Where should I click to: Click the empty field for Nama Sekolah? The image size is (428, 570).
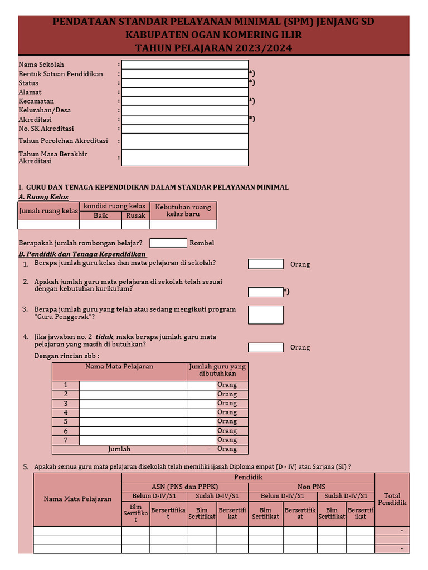[x=184, y=65]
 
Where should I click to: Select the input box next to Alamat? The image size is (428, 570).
[x=184, y=92]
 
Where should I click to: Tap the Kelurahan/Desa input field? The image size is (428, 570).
[x=184, y=110]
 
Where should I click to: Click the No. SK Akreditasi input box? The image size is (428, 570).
[x=184, y=129]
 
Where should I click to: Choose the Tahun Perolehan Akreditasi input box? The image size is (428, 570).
[x=184, y=141]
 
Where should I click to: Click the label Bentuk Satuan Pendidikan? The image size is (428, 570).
[x=61, y=74]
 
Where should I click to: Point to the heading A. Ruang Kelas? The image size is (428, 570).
[x=43, y=197]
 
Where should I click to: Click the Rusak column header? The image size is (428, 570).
[x=135, y=215]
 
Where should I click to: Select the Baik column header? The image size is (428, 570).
[x=100, y=215]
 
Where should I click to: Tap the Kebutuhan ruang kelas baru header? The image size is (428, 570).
[x=183, y=210]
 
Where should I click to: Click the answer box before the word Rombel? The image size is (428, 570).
[x=168, y=243]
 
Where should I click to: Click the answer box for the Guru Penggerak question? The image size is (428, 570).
[x=265, y=315]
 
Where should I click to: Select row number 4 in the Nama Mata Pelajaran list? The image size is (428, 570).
[x=66, y=412]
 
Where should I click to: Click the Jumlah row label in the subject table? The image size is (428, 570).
[x=119, y=449]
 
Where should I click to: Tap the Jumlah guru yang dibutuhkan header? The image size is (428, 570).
[x=217, y=370]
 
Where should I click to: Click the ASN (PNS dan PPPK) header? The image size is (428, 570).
[x=185, y=487]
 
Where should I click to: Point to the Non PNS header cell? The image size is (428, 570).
[x=312, y=487]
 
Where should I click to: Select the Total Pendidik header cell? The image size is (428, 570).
[x=392, y=499]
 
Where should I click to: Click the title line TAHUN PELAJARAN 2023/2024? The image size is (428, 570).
[x=213, y=48]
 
